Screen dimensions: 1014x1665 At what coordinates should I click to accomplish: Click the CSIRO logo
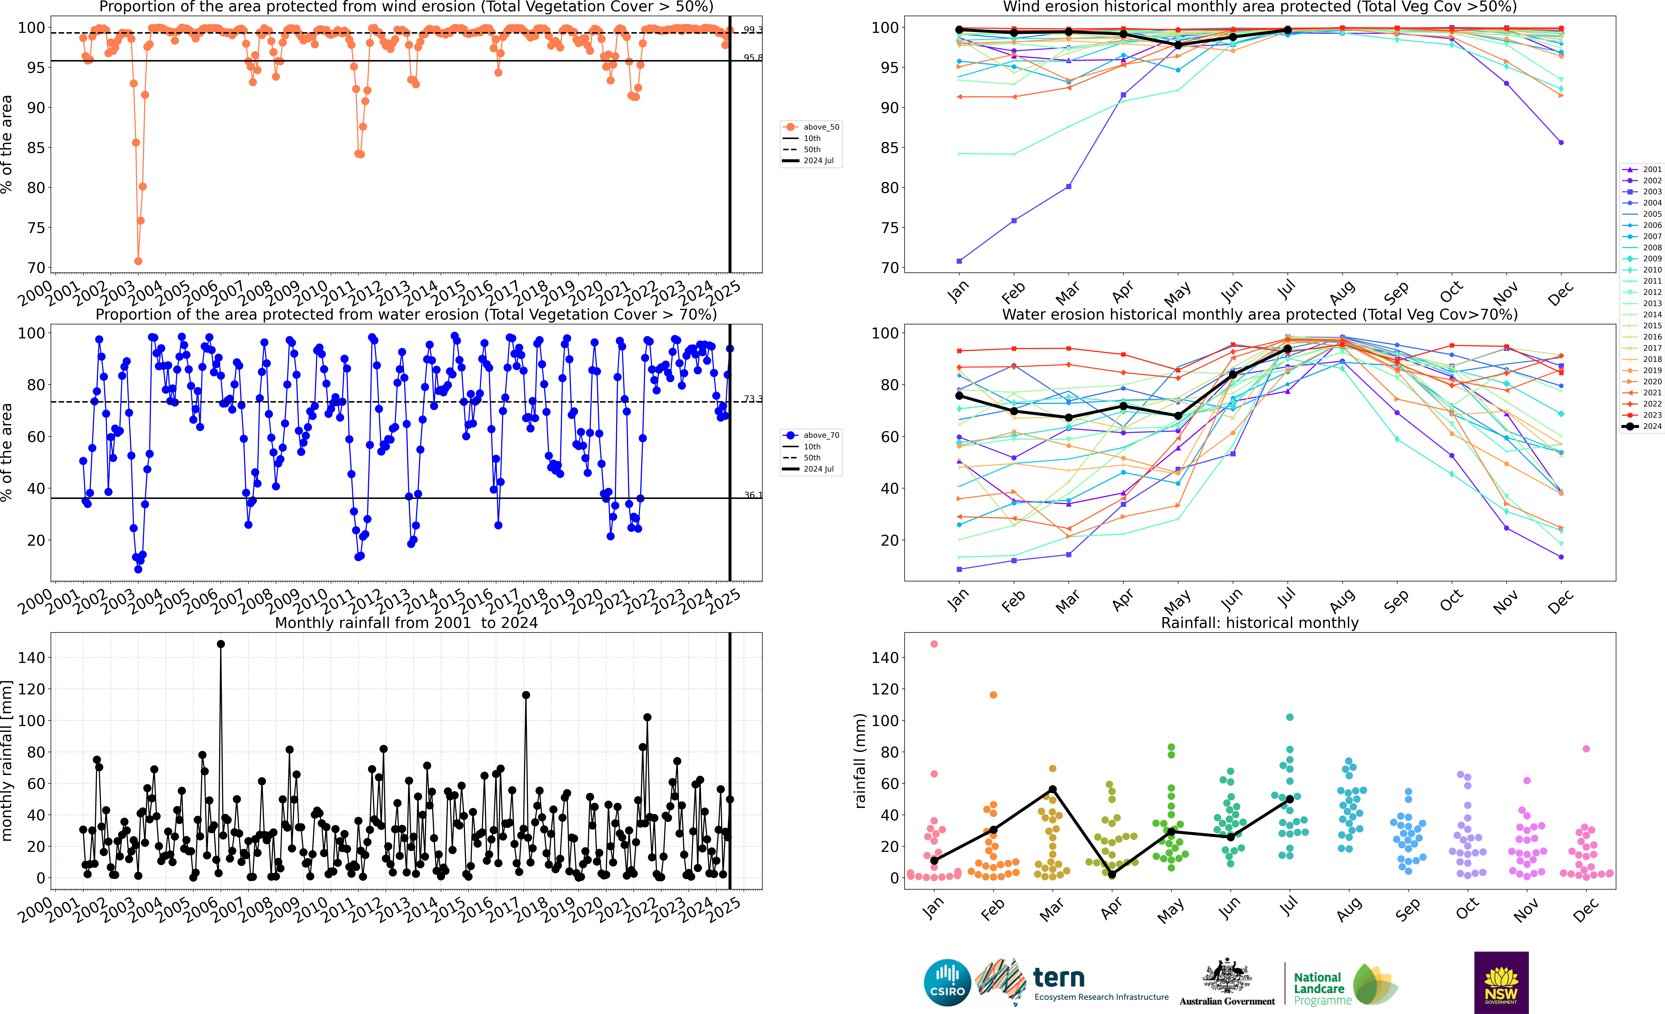click(x=947, y=982)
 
